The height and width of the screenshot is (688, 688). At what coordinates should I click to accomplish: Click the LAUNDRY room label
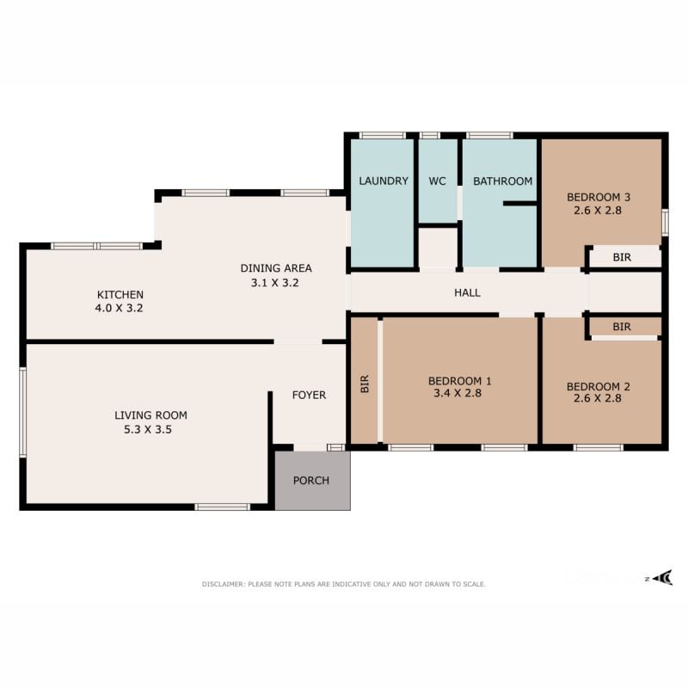point(384,181)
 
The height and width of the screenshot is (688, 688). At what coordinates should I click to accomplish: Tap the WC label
point(437,181)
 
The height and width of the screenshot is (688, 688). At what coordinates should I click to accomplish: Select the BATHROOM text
point(502,181)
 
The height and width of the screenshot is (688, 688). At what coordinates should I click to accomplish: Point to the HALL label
point(467,292)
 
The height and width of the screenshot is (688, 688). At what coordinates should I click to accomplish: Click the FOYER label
point(309,395)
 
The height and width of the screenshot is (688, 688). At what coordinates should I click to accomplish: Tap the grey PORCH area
point(312,481)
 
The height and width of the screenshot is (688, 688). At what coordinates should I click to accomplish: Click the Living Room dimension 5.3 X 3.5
point(147,429)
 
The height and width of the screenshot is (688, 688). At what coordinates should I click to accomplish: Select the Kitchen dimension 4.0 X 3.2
point(119,308)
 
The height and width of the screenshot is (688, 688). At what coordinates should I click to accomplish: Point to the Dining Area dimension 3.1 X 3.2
point(274,283)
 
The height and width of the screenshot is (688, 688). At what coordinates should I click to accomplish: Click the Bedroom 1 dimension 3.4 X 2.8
point(458,393)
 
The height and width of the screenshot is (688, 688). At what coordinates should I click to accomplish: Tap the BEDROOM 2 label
point(598,386)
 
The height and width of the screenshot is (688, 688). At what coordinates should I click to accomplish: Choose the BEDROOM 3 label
point(599,197)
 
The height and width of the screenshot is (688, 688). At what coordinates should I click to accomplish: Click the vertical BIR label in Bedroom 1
point(365,384)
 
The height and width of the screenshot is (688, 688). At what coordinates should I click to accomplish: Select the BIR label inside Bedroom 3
point(622,257)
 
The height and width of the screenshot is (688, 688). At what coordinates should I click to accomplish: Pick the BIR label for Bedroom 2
point(622,327)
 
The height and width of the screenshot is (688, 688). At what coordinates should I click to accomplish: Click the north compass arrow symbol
point(662,577)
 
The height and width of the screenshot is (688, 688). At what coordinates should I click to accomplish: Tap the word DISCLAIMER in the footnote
point(222,584)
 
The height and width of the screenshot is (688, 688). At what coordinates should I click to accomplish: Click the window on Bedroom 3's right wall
point(665,223)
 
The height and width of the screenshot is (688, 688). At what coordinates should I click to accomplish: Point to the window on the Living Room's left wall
point(23,413)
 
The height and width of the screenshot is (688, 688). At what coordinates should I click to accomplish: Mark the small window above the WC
point(429,135)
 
